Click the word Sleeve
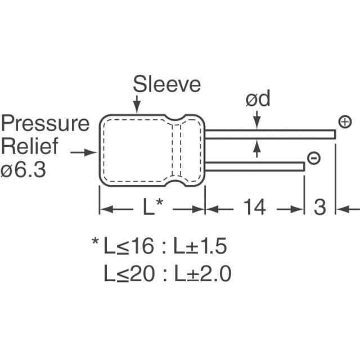coord(166,84)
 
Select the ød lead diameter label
coord(258,100)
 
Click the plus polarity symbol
coord(345,122)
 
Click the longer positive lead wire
coord(270,133)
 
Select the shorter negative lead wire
coord(253,166)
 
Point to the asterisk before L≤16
coord(95,243)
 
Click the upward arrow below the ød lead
coord(258,147)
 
